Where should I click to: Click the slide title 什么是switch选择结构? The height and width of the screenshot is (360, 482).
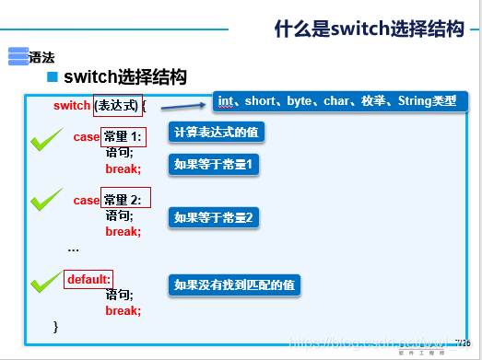click(x=368, y=29)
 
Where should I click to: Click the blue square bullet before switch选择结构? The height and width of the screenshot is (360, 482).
click(x=53, y=76)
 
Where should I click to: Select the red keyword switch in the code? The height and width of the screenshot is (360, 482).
click(x=72, y=106)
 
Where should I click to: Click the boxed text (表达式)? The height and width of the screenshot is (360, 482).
click(x=118, y=106)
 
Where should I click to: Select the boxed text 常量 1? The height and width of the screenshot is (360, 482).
click(x=124, y=137)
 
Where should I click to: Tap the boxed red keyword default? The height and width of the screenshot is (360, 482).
click(x=88, y=278)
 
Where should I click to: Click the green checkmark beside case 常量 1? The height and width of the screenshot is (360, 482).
click(x=46, y=141)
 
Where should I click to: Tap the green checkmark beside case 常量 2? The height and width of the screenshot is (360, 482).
click(x=46, y=199)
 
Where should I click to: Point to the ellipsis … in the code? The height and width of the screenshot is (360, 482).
click(x=73, y=249)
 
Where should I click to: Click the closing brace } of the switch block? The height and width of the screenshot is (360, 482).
click(x=56, y=326)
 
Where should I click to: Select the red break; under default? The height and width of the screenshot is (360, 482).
click(x=123, y=311)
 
